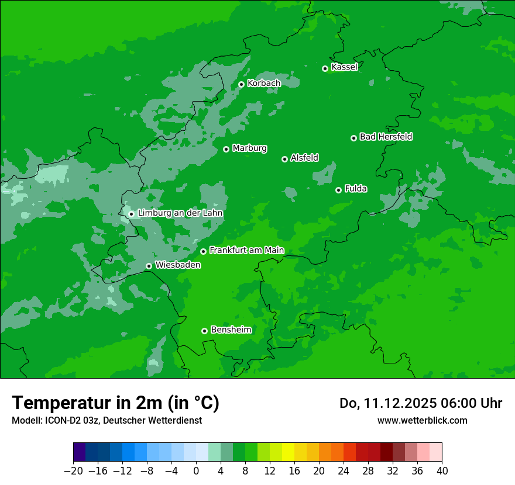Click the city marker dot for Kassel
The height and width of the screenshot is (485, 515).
[x=325, y=68]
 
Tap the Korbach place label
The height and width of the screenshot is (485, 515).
[x=264, y=84]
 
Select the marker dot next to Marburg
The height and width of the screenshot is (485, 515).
[x=226, y=149]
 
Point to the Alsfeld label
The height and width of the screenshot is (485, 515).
[x=304, y=158]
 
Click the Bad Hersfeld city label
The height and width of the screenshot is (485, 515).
[x=386, y=137]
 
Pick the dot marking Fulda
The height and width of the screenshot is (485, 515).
[x=338, y=190]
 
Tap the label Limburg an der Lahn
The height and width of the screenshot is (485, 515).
[x=180, y=213]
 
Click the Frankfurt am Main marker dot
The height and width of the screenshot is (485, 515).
[x=203, y=251]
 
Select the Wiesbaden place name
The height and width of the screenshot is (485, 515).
[x=178, y=265]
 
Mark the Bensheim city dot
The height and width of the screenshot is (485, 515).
[x=204, y=331]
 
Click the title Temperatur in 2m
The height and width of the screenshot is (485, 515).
[x=115, y=403]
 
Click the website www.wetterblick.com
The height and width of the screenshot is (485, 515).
[x=422, y=420]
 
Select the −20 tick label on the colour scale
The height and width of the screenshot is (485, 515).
[x=73, y=471]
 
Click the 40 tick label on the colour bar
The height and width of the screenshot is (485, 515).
[x=442, y=471]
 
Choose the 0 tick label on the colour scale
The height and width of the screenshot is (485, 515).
[x=196, y=471]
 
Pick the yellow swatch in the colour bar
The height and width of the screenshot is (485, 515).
[x=288, y=452]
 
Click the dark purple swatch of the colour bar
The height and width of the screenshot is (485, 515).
[x=80, y=452]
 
